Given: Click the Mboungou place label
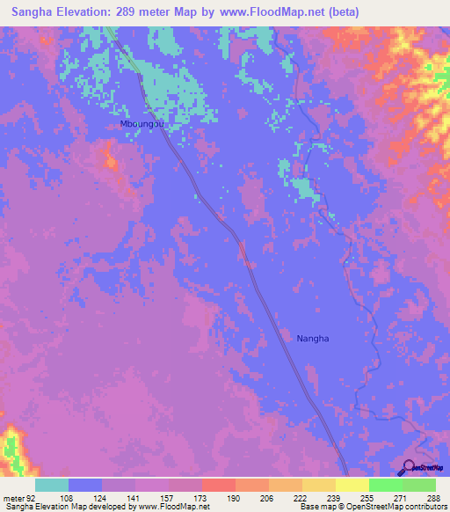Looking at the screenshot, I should pos(142,125).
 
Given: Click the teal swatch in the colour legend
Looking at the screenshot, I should pos(52,485).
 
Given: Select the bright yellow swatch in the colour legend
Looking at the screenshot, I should pos(352,485).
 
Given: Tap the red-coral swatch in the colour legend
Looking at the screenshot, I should pos(219,485).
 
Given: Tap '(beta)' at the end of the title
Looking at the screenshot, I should pos(340,11).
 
